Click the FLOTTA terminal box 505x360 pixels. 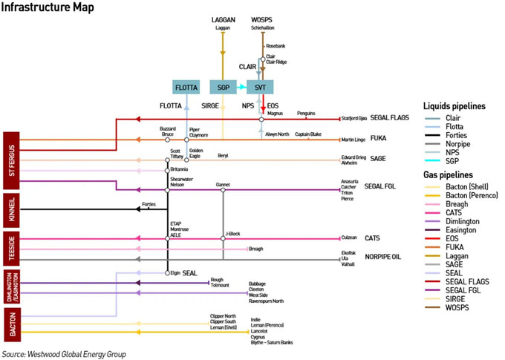(186, 87)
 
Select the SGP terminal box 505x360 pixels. (223, 87)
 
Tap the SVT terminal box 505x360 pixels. (261, 87)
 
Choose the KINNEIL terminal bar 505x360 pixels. (11, 209)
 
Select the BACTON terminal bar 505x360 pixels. (11, 324)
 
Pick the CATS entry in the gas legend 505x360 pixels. (444, 212)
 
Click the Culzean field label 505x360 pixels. (350, 238)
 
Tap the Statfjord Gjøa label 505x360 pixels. (356, 117)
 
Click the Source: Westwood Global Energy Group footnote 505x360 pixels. (64, 354)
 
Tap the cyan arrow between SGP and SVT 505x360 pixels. (242, 87)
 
